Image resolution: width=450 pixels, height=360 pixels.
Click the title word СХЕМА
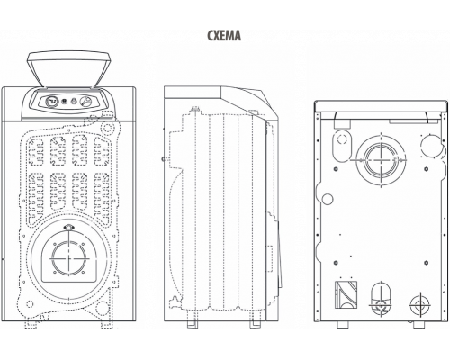[224, 35]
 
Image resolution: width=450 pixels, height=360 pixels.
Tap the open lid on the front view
[69, 69]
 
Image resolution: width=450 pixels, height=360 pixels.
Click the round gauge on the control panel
[51, 102]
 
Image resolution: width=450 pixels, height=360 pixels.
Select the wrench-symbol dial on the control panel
[86, 101]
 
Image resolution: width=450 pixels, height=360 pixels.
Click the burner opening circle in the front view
[69, 258]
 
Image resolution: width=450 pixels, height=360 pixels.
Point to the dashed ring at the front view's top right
[107, 129]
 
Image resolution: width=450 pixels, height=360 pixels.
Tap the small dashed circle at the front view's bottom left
[30, 304]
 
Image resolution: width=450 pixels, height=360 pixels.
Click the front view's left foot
[31, 324]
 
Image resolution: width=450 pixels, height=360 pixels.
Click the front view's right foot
[107, 324]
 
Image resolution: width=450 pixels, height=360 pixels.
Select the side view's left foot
[192, 324]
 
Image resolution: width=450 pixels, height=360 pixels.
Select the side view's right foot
[255, 324]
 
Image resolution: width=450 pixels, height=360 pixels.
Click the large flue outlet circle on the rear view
[381, 160]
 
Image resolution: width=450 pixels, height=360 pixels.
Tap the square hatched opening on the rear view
[346, 295]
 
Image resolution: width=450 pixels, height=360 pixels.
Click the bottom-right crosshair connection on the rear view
[420, 305]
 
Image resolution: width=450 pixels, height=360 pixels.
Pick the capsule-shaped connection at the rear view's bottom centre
[381, 299]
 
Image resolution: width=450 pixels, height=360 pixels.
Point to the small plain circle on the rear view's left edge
[328, 199]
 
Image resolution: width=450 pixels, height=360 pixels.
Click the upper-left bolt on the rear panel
[336, 169]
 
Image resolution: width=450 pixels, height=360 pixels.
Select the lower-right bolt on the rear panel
[426, 263]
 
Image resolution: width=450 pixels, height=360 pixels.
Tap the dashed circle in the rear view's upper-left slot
[342, 139]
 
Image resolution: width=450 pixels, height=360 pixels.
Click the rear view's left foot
[342, 324]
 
